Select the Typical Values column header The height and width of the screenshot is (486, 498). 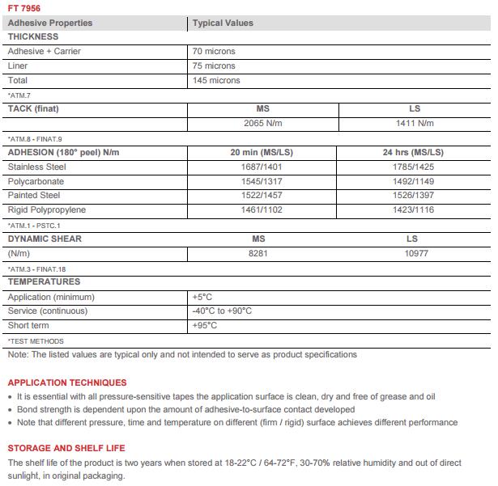223,23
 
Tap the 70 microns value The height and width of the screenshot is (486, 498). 214,52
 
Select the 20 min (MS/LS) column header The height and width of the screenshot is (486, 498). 258,153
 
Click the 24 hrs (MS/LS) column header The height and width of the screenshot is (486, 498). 412,153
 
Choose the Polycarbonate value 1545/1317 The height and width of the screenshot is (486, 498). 258,182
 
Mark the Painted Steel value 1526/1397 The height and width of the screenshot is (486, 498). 412,197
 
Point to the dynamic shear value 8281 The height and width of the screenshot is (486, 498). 258,254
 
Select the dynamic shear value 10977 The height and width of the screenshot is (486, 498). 412,254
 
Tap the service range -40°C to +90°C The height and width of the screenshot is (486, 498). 222,311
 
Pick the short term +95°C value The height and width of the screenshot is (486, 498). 205,326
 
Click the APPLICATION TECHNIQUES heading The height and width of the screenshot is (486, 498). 67,382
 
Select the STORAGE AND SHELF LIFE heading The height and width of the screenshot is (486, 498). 66,448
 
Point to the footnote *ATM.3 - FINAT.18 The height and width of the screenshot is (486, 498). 36,268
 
